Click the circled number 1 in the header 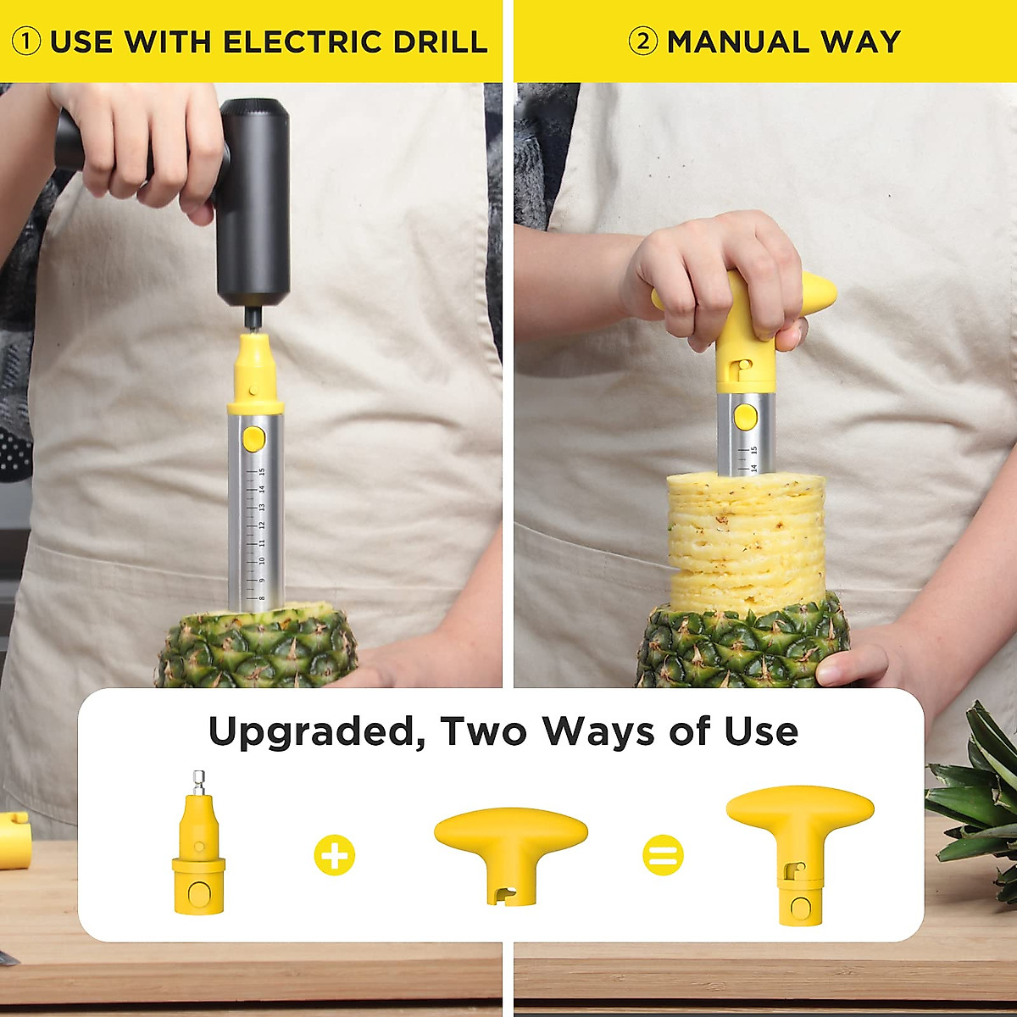coord(26,42)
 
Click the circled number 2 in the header coord(643,42)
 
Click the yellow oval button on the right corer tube coord(745,417)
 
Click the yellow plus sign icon coord(335,855)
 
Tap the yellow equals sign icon coord(663,855)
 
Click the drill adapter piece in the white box coord(199,856)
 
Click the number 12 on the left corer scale coord(262,525)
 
